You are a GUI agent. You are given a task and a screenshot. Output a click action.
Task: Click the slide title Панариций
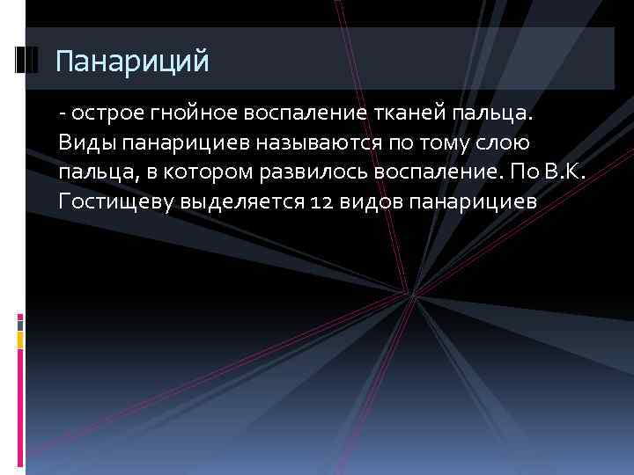pyautogui.click(x=132, y=62)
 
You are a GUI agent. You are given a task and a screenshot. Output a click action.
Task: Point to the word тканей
pyautogui.click(x=404, y=113)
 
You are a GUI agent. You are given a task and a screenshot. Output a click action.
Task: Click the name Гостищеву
pyautogui.click(x=115, y=201)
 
